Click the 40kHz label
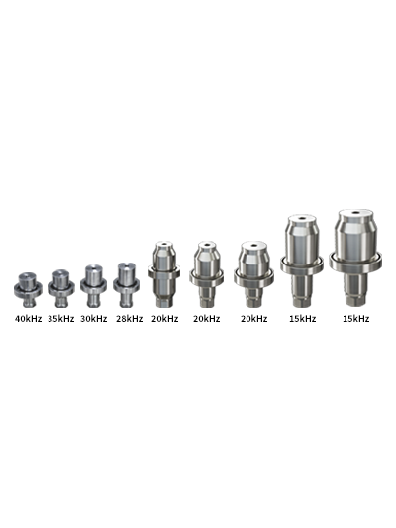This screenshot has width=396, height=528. [29, 319]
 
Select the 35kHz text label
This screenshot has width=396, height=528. [61, 319]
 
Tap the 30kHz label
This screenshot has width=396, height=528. [93, 319]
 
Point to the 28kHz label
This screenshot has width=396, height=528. [130, 319]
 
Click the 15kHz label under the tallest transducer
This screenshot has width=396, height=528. [356, 319]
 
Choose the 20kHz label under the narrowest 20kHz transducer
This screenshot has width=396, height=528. [165, 319]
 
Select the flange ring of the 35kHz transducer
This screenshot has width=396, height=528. [61, 288]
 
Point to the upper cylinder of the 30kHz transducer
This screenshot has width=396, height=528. [93, 274]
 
